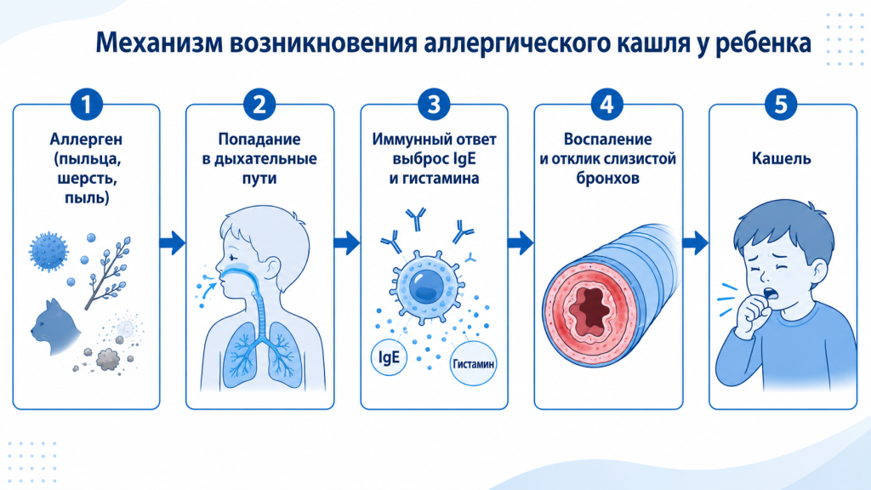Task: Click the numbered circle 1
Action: tap(86, 104)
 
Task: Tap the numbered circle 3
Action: tap(433, 104)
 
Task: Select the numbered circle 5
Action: tap(781, 104)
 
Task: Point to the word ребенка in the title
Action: tap(763, 43)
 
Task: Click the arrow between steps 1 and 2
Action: tap(172, 242)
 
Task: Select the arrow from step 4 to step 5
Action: tap(695, 242)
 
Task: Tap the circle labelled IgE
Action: tap(389, 356)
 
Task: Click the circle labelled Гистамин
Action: tap(473, 364)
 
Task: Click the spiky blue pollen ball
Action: tap(48, 252)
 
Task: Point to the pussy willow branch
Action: tap(108, 272)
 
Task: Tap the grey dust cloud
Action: tap(108, 359)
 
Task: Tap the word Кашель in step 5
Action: tap(781, 158)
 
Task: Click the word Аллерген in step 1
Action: tap(86, 140)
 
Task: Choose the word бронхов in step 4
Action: tap(607, 179)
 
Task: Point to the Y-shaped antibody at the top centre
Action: tap(415, 219)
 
